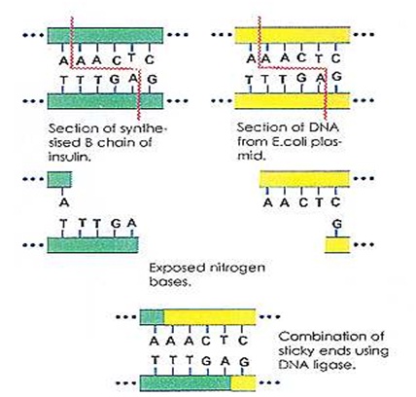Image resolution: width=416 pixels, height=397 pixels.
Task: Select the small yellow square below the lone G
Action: pos(336,243)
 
